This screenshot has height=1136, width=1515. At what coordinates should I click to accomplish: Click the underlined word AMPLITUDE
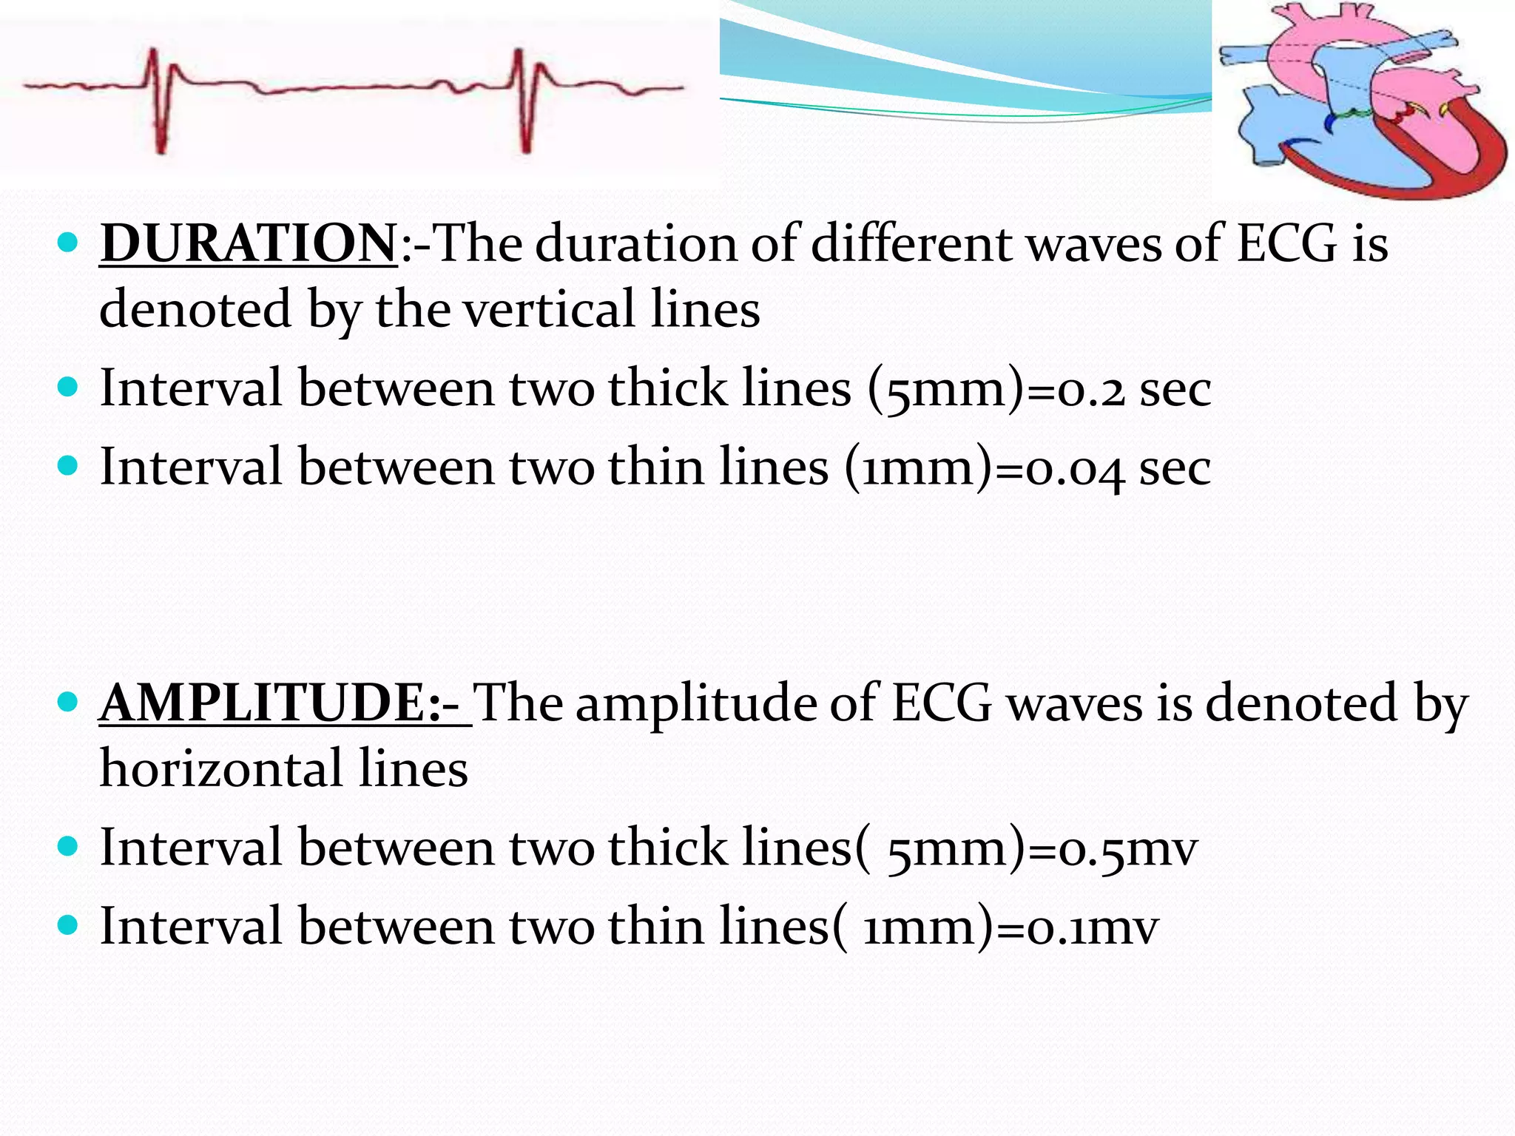pyautogui.click(x=271, y=703)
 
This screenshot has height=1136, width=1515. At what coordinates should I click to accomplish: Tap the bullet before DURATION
pyautogui.click(x=67, y=243)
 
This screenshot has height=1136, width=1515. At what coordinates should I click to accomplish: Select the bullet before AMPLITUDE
pyautogui.click(x=67, y=701)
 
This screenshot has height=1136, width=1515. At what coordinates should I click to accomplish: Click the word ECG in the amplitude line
pyautogui.click(x=941, y=703)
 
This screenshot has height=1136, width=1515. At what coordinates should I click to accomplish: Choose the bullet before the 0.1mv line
pyautogui.click(x=67, y=925)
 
